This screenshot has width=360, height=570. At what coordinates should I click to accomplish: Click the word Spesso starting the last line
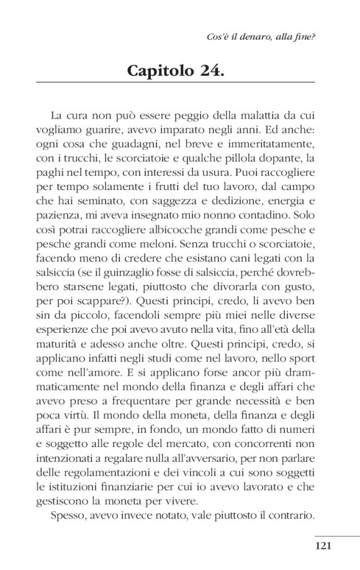point(65,515)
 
